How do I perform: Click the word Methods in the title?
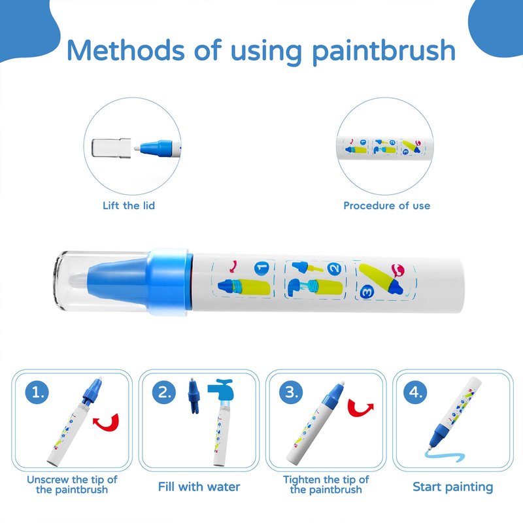click(x=126, y=50)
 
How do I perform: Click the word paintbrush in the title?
click(x=384, y=52)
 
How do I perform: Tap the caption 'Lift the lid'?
click(x=129, y=205)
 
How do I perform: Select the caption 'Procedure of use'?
click(x=386, y=205)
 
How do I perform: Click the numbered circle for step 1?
click(x=37, y=392)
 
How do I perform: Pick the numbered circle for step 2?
click(x=164, y=392)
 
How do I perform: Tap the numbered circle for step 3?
click(x=291, y=392)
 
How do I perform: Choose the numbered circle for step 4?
click(x=415, y=392)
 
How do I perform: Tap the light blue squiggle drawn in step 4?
click(x=445, y=456)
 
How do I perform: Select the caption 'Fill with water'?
click(x=199, y=486)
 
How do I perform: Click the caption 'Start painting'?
click(x=452, y=487)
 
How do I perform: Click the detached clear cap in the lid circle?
click(x=111, y=148)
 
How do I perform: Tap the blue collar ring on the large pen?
click(x=170, y=282)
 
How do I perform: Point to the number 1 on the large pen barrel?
click(x=262, y=268)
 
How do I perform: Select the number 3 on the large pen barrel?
click(x=367, y=292)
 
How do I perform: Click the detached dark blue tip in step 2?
click(x=194, y=396)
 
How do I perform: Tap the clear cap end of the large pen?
click(x=100, y=281)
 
